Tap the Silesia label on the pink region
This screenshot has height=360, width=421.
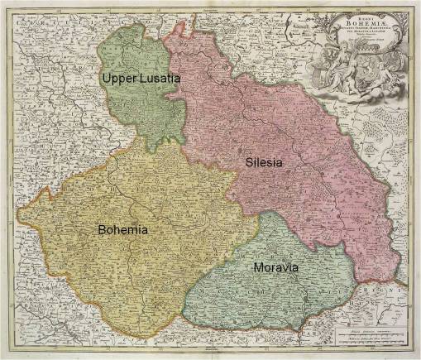[264, 163]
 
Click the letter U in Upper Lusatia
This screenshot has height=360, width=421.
[106, 77]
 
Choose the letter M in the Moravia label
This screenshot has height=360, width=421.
[258, 268]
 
